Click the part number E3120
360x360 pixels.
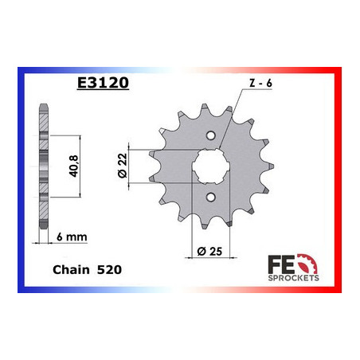click(103, 83)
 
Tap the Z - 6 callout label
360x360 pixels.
click(260, 83)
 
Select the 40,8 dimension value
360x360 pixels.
click(73, 166)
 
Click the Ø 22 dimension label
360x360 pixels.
click(123, 166)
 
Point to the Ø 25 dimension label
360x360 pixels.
click(209, 251)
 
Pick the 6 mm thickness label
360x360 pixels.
click(72, 237)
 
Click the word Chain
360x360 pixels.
click(71, 270)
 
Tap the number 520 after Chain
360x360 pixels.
click(109, 270)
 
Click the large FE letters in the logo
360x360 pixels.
click(281, 264)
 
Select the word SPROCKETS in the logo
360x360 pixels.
click(293, 278)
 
